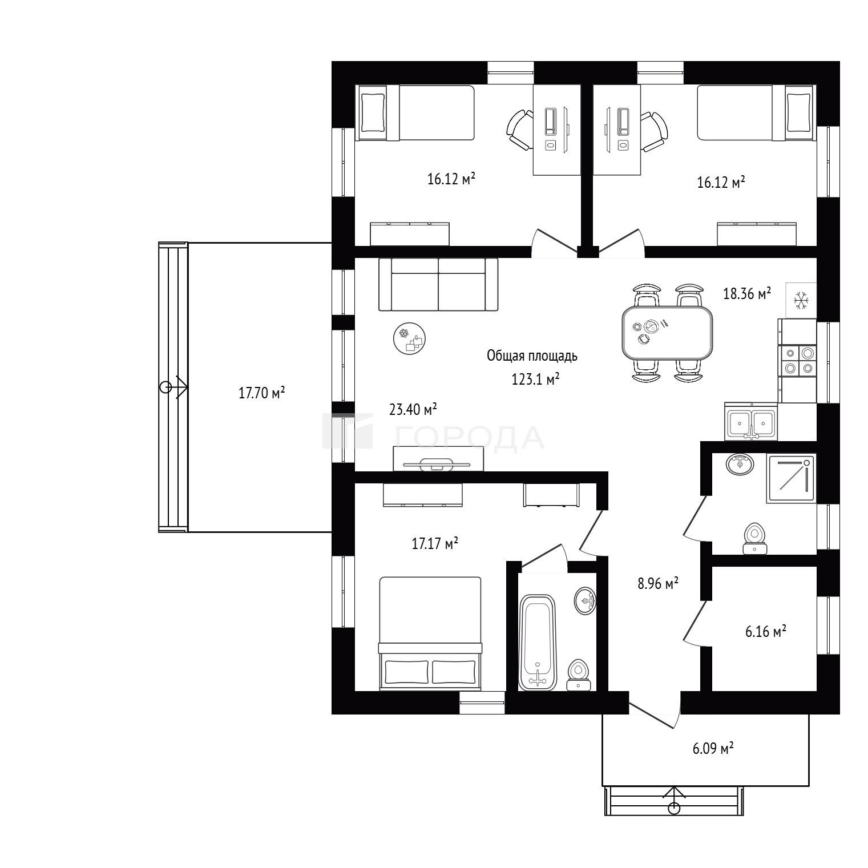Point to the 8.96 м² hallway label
click(657, 583)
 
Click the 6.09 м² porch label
click(713, 748)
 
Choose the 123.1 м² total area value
click(535, 379)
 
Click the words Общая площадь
click(532, 356)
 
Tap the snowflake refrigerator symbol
click(801, 300)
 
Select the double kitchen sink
click(751, 422)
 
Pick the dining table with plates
click(667, 333)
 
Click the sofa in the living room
click(438, 284)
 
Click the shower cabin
click(792, 478)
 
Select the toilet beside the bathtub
click(579, 676)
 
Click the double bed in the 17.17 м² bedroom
click(430, 633)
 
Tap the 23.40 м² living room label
click(413, 409)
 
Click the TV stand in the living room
click(438, 458)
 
